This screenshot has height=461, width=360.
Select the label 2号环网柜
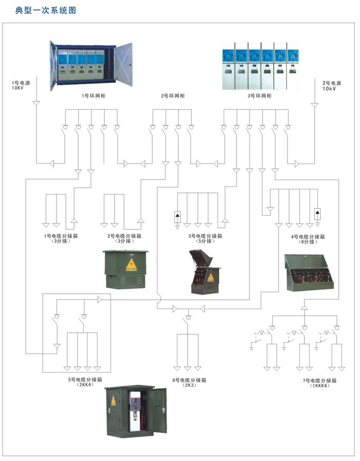tap(172, 96)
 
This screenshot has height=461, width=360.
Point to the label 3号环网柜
tap(259, 96)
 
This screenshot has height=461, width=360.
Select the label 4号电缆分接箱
tap(308, 237)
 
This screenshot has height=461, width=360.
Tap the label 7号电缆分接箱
tap(319, 380)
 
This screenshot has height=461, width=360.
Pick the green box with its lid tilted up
tap(206, 272)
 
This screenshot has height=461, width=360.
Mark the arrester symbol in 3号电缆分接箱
tap(177, 215)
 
